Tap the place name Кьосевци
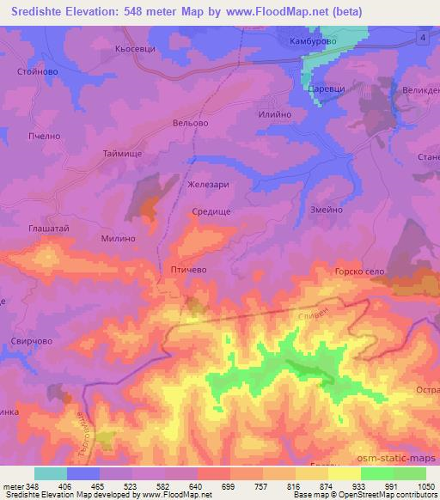point(135,49)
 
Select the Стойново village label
point(37,72)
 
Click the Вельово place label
point(190,123)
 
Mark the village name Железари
point(205,184)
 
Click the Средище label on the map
point(211,210)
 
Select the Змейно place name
point(326,210)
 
